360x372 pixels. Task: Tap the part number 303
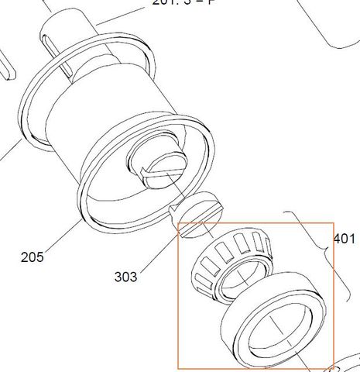click(x=125, y=277)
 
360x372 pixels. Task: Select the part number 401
click(x=345, y=239)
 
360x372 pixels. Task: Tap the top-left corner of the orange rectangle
click(x=179, y=226)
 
